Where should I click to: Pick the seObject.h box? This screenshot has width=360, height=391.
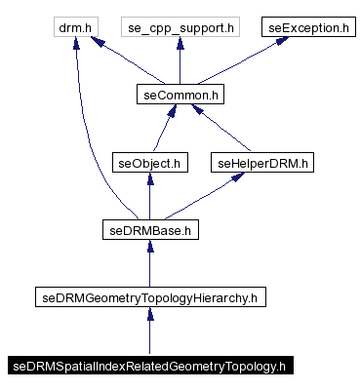coord(148,163)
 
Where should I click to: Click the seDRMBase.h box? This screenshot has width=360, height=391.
coord(148,230)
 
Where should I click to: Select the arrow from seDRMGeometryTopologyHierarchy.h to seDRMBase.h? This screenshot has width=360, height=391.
coord(148,265)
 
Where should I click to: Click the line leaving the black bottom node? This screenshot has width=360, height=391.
coord(148,336)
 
